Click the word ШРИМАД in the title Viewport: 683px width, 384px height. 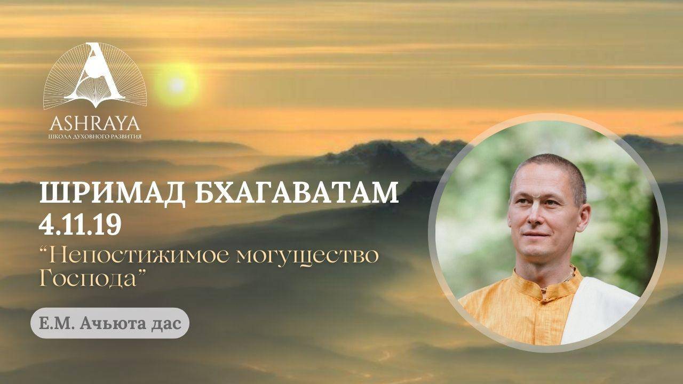coord(112,194)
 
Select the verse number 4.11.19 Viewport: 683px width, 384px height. coord(80,224)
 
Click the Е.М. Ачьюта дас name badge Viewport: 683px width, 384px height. coord(110,323)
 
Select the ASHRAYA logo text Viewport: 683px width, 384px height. coord(95,123)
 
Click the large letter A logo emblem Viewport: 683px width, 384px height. coord(95,75)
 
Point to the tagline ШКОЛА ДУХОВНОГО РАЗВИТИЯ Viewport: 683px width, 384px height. coord(95,136)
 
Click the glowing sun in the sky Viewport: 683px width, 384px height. coord(176,85)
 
